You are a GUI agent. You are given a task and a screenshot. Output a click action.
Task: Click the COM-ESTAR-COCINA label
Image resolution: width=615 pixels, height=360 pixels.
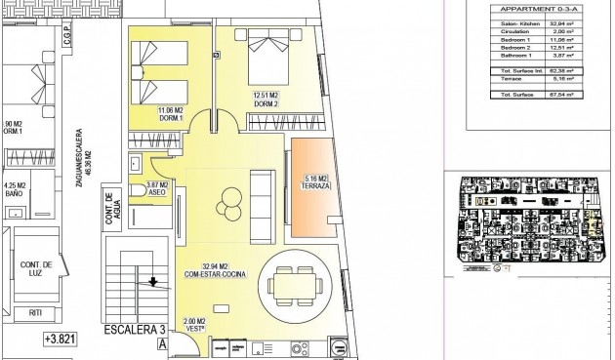(x=214, y=274)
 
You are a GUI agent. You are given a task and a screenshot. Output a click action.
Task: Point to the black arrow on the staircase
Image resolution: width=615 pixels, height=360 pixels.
(x=151, y=284)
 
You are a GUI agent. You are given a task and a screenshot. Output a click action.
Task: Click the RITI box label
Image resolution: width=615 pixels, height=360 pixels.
(x=36, y=312)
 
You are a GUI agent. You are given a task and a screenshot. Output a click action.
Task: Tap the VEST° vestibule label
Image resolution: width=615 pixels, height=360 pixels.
(x=194, y=328)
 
